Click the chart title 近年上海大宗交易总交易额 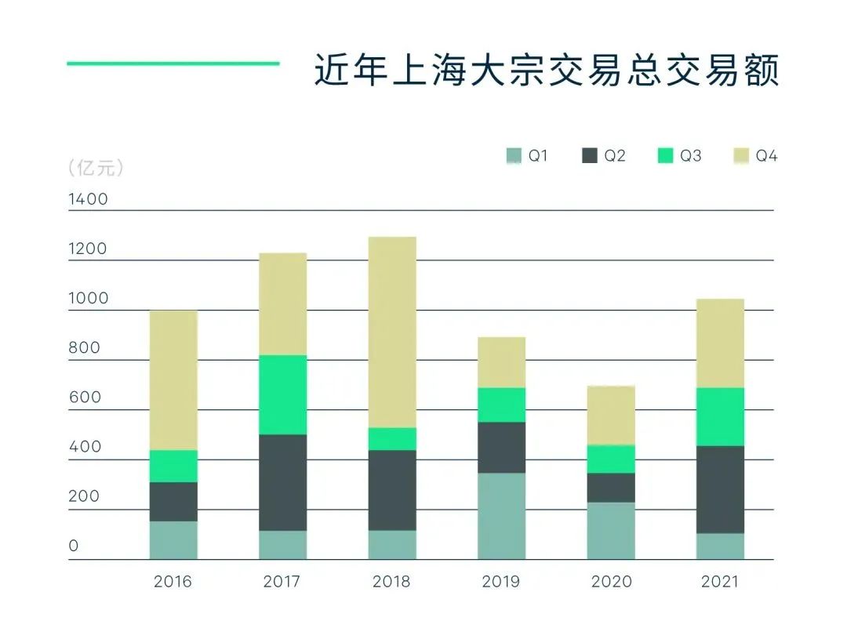pyautogui.click(x=546, y=70)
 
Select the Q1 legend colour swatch pyautogui.click(x=514, y=156)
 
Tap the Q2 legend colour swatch pyautogui.click(x=590, y=156)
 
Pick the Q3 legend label pyautogui.click(x=690, y=156)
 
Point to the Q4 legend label pyautogui.click(x=766, y=156)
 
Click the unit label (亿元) pyautogui.click(x=96, y=168)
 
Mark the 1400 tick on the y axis pyautogui.click(x=89, y=199)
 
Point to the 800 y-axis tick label pyautogui.click(x=85, y=348)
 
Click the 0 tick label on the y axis pyautogui.click(x=74, y=546)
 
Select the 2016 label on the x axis pyautogui.click(x=173, y=582)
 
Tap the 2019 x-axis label pyautogui.click(x=501, y=582)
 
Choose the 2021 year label pyautogui.click(x=719, y=582)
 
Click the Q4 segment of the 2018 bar pyautogui.click(x=392, y=332)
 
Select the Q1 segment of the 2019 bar pyautogui.click(x=501, y=515)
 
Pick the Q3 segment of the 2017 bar pyautogui.click(x=282, y=394)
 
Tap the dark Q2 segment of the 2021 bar pyautogui.click(x=720, y=489)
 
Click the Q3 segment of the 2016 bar pyautogui.click(x=173, y=466)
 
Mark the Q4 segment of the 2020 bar pyautogui.click(x=611, y=415)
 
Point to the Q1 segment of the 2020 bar pyautogui.click(x=611, y=530)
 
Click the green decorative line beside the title pyautogui.click(x=173, y=64)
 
